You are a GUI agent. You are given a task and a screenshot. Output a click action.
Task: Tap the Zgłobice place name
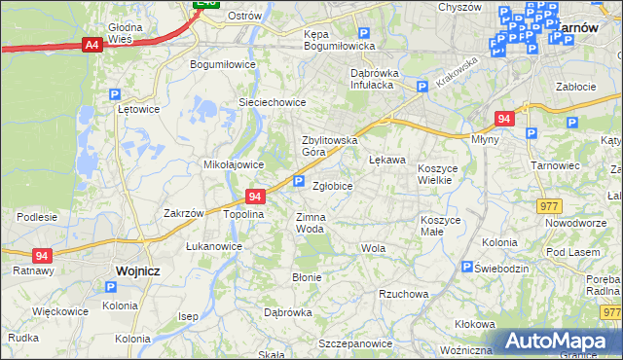click(332, 184)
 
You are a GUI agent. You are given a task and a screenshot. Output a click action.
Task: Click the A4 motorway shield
click(92, 44)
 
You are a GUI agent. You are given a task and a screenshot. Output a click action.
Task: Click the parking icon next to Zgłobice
click(299, 181)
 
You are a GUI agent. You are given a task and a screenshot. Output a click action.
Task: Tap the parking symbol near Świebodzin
click(468, 267)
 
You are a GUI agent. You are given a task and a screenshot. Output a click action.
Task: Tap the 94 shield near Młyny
click(503, 118)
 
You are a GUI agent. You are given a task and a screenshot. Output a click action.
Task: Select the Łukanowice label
click(214, 246)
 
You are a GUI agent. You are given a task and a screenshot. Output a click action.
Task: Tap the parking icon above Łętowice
click(114, 94)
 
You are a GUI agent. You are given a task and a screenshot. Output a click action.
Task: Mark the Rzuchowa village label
click(404, 293)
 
